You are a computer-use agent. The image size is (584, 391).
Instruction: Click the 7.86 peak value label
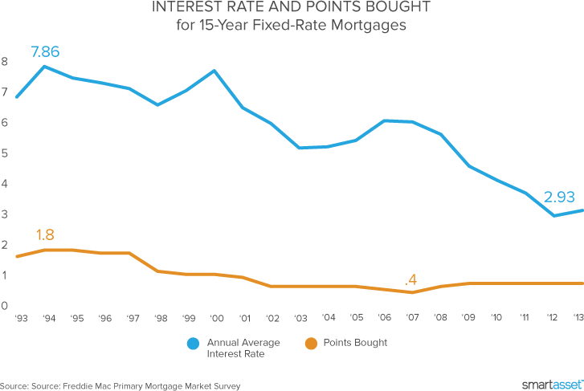tap(46, 53)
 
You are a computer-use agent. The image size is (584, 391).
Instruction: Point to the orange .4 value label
tap(411, 279)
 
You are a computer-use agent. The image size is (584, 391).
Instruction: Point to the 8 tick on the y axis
tap(5, 61)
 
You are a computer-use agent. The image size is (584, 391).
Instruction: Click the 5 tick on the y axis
tap(5, 153)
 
